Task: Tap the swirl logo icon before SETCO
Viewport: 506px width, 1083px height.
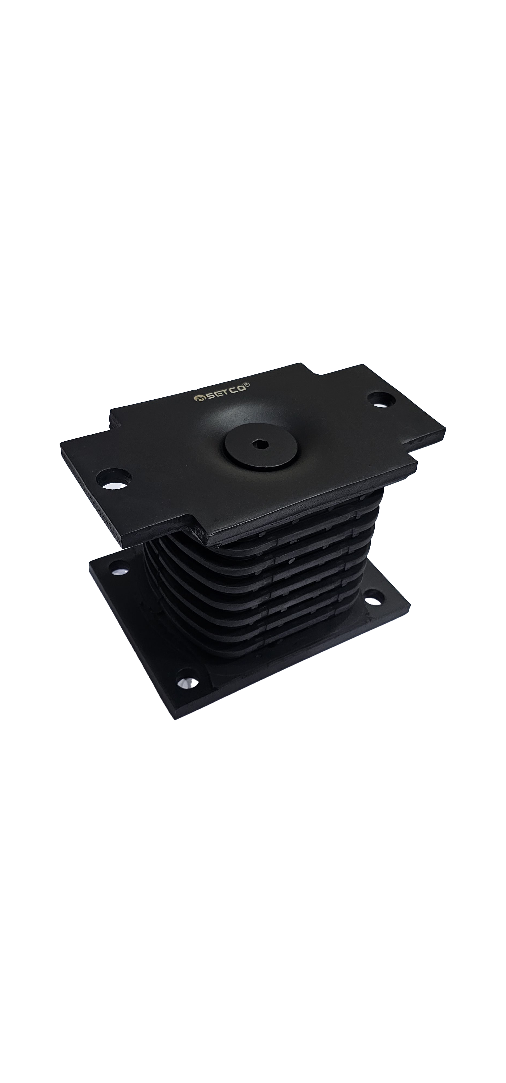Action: click(197, 399)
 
